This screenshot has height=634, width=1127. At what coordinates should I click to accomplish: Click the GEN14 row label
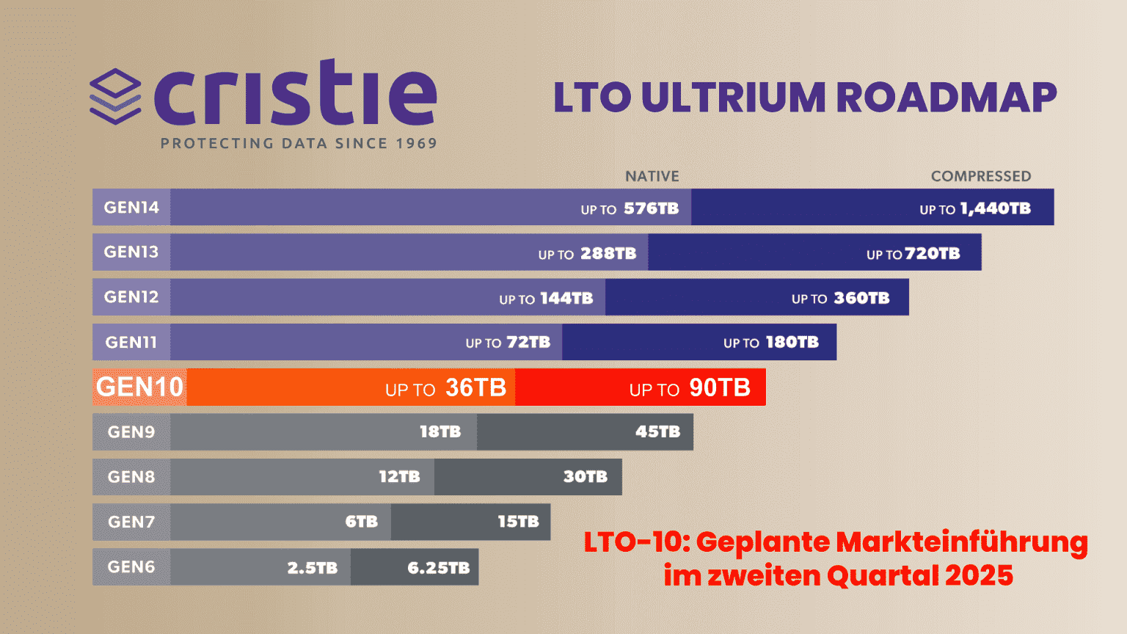(x=131, y=208)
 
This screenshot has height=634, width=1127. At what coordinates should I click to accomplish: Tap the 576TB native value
(x=651, y=209)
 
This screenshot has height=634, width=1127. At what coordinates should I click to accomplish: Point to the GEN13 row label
(x=131, y=252)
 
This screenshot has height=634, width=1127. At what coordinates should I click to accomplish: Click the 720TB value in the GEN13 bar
(x=932, y=254)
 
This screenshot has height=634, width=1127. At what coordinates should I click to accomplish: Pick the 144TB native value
(x=566, y=299)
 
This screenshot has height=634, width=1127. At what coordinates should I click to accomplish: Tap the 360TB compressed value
(x=861, y=299)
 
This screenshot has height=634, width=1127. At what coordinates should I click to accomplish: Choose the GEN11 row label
(x=131, y=343)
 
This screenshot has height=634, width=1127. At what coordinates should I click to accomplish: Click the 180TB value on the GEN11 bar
(x=792, y=343)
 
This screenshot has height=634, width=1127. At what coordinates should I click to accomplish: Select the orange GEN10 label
(x=139, y=387)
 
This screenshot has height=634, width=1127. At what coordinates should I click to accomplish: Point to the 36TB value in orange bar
(x=475, y=388)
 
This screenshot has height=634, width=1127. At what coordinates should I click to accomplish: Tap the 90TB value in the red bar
(x=720, y=388)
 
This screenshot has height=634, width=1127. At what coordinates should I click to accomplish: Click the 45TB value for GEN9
(x=657, y=432)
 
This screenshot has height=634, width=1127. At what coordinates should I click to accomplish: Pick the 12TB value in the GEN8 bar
(x=399, y=477)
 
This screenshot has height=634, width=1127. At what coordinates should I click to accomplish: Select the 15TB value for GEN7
(x=518, y=522)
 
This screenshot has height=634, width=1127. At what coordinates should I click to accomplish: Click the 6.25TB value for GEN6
(x=438, y=567)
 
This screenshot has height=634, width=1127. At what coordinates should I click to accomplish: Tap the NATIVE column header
(x=652, y=177)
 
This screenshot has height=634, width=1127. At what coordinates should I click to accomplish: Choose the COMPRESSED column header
(x=981, y=177)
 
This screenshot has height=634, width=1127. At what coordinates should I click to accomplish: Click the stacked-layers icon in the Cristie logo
(x=115, y=96)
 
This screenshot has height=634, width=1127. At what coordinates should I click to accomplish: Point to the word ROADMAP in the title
(x=947, y=98)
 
